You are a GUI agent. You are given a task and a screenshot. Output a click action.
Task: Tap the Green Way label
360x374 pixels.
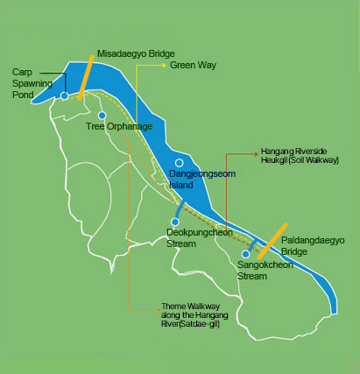(x=193, y=65)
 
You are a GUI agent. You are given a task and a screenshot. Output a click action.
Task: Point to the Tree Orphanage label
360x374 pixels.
(x=119, y=127)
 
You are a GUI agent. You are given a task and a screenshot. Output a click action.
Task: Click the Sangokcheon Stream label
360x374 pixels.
(x=265, y=271)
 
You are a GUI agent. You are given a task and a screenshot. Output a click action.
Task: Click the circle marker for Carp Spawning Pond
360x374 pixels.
(x=64, y=95)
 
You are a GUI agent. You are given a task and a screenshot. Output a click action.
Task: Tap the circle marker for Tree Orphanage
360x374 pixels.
(x=102, y=116)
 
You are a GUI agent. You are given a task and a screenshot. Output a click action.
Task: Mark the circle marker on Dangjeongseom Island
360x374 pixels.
(x=180, y=163)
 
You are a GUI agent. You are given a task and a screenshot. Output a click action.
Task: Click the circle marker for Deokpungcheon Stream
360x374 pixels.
(x=175, y=222)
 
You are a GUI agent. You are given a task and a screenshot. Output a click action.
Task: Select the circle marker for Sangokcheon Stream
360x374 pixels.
(x=246, y=253)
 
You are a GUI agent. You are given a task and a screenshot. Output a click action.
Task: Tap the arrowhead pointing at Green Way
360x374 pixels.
(x=166, y=65)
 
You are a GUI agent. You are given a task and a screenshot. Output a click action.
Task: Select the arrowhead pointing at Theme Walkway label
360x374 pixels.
(x=157, y=307)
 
